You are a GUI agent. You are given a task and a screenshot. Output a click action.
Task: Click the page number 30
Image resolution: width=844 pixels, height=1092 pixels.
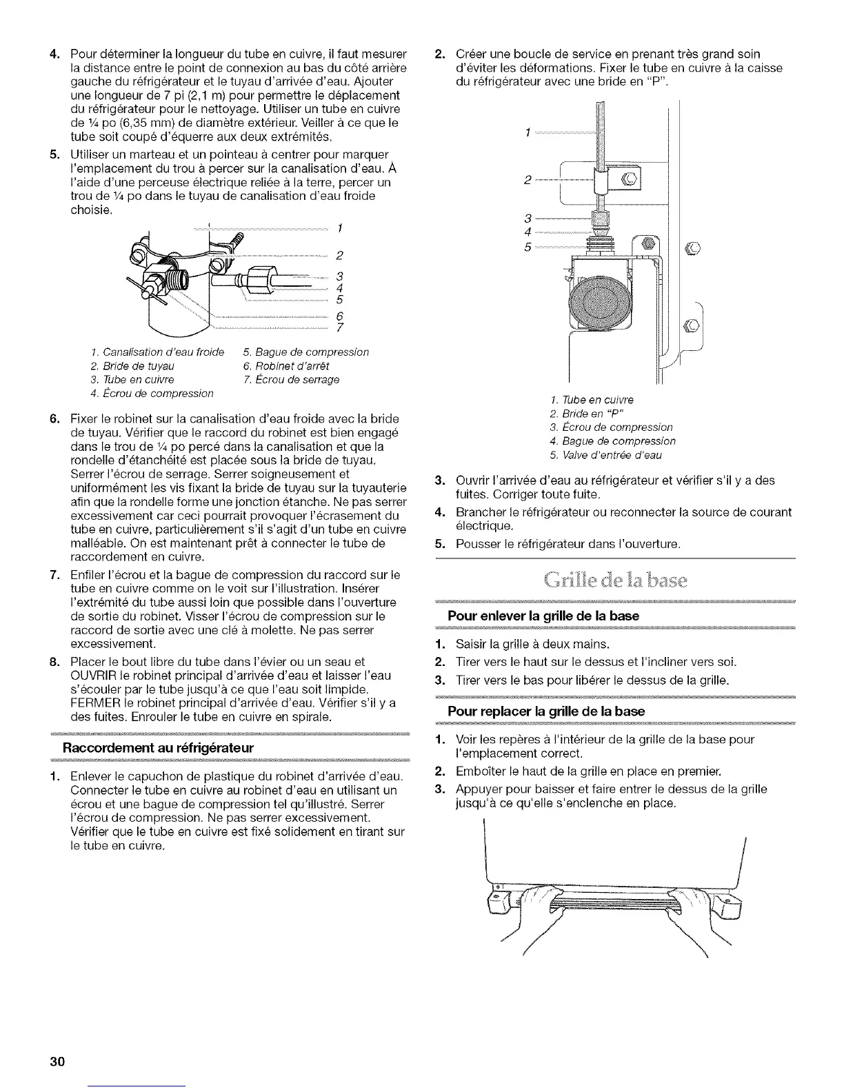point(57,1060)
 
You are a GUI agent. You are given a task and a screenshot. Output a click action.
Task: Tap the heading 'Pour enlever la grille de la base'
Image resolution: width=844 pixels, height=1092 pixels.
point(543,615)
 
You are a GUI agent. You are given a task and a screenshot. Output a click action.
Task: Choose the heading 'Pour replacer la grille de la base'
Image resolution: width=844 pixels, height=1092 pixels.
point(546,711)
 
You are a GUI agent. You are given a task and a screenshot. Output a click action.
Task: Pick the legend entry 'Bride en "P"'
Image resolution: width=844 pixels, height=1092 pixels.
point(583,414)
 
